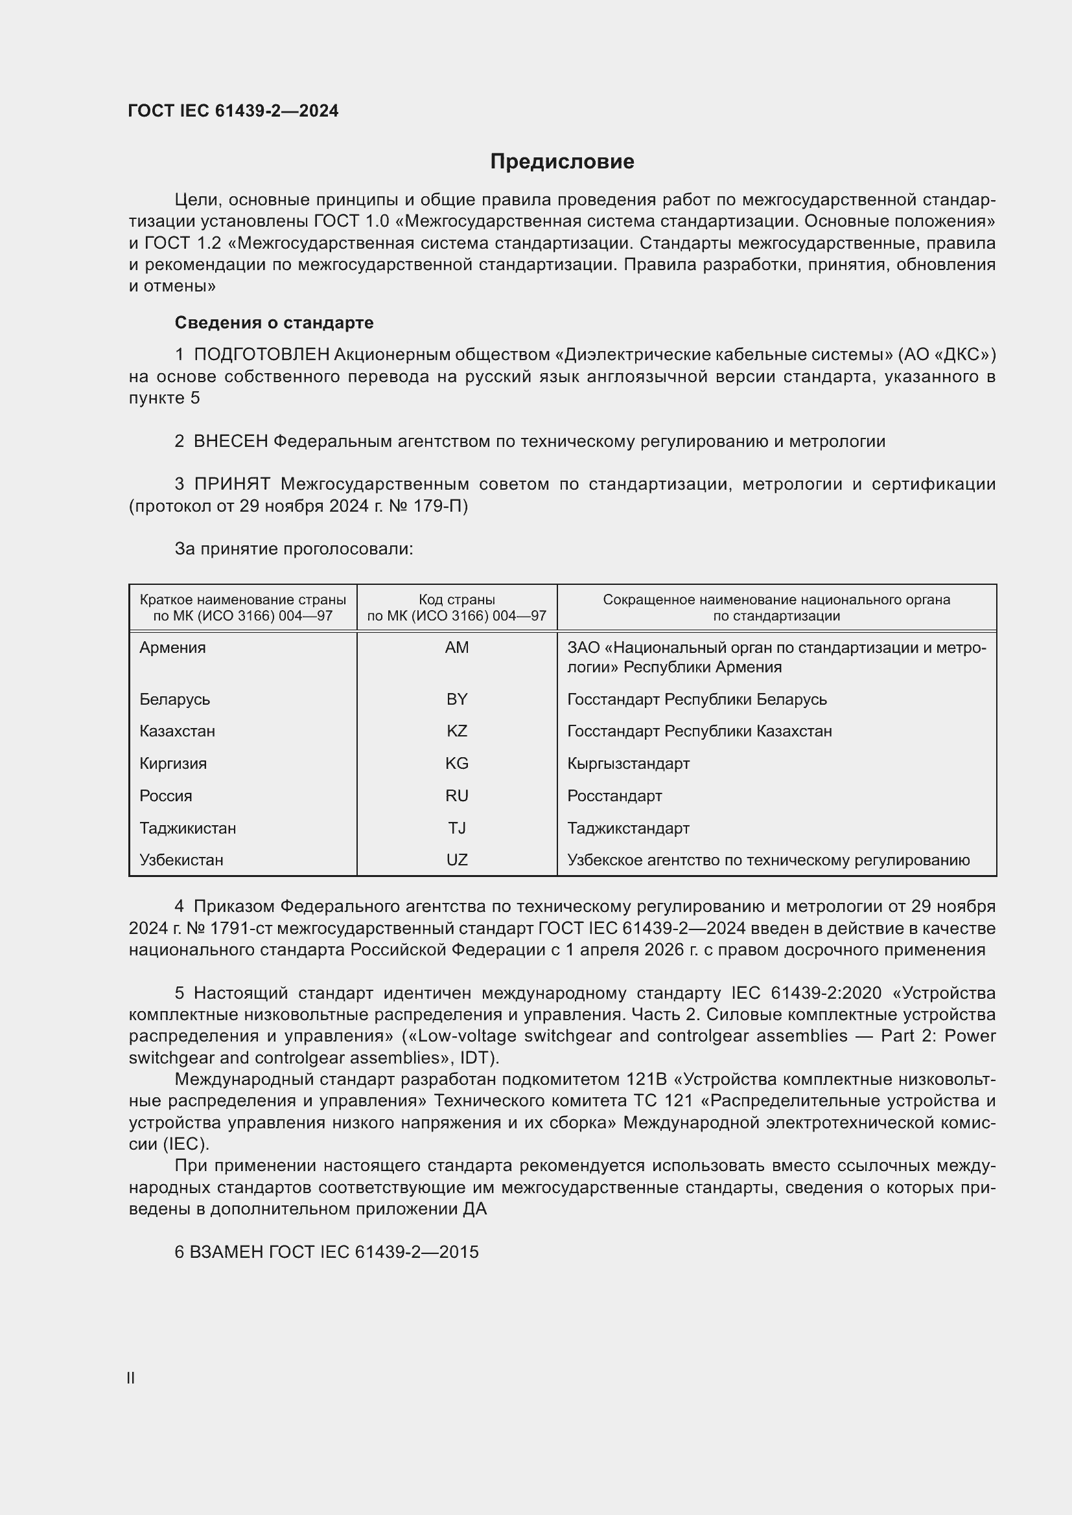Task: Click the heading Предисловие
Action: [x=562, y=162]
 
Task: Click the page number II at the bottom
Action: [x=131, y=1378]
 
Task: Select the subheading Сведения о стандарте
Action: [x=274, y=323]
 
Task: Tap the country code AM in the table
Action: [x=457, y=647]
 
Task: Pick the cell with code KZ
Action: [x=457, y=731]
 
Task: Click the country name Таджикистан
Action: [x=187, y=828]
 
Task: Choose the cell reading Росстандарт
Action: [x=614, y=796]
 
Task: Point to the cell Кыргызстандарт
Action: [x=628, y=764]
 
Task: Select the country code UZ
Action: [x=457, y=860]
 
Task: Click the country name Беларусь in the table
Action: [x=174, y=699]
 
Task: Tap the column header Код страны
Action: [x=457, y=600]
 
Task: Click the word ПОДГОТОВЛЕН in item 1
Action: [x=261, y=355]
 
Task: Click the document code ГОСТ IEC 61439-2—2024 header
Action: [x=233, y=111]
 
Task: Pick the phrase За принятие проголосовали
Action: [x=294, y=549]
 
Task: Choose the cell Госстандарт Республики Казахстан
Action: [x=699, y=731]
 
